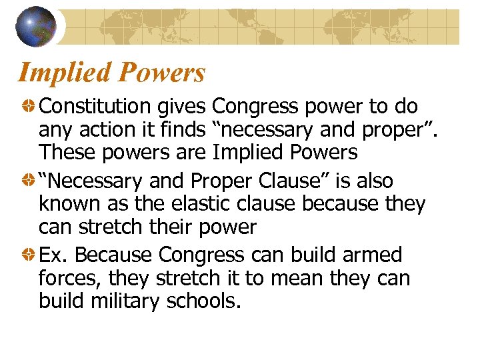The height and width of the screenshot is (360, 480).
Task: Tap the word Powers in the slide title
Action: pos(163,73)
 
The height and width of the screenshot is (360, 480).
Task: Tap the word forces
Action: pos(69,278)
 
